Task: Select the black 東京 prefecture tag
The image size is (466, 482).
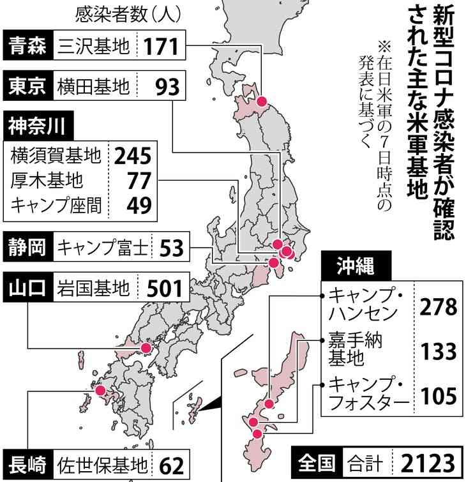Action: click(x=28, y=85)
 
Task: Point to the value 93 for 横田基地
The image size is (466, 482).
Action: click(x=167, y=86)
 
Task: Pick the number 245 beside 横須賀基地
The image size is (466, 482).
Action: click(x=133, y=155)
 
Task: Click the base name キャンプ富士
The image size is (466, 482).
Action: click(x=101, y=247)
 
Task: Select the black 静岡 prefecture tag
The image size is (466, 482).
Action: click(x=27, y=247)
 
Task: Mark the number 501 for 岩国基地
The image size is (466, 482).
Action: click(x=164, y=288)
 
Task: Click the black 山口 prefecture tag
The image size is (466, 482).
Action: click(x=27, y=288)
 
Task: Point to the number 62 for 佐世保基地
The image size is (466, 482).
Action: click(x=170, y=465)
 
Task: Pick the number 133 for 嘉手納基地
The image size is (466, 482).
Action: click(x=439, y=350)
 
